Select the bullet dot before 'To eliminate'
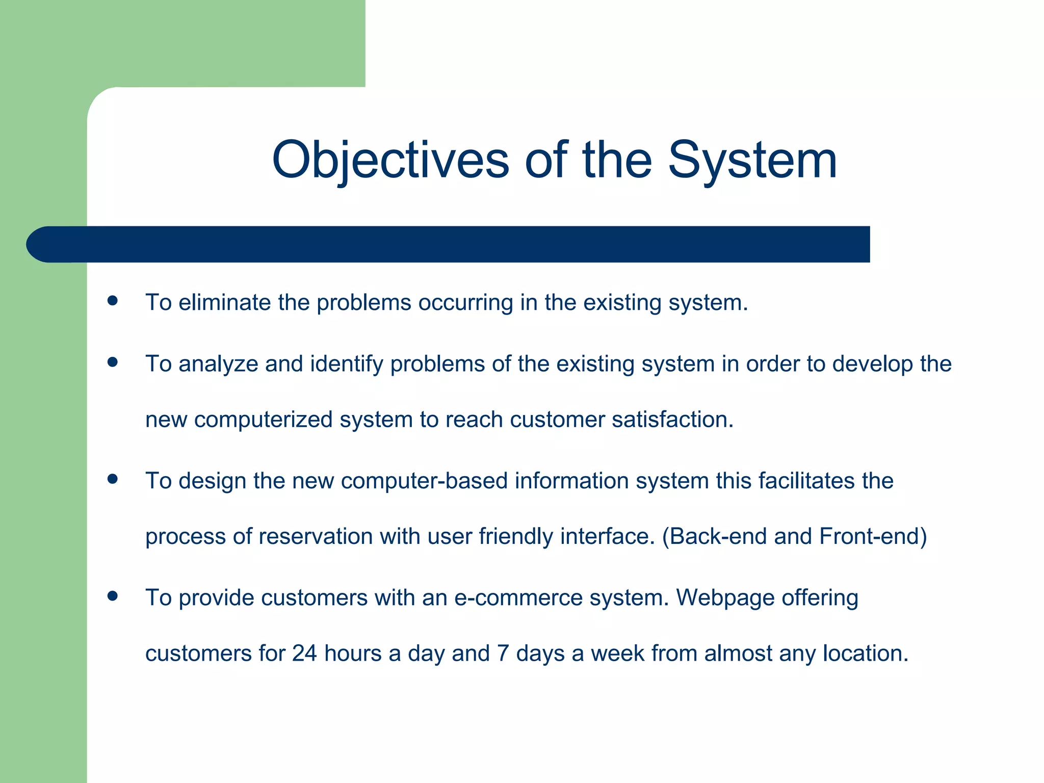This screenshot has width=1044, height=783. point(113,301)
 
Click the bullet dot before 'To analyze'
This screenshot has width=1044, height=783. point(113,362)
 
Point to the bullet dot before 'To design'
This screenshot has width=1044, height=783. point(113,479)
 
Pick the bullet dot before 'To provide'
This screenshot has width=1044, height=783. point(113,596)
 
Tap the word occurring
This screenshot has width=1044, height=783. point(465,302)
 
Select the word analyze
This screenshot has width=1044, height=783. point(218,364)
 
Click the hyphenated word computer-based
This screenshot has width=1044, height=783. point(424,481)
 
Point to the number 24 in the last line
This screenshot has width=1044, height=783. point(304,653)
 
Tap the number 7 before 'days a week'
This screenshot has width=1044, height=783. point(503,653)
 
